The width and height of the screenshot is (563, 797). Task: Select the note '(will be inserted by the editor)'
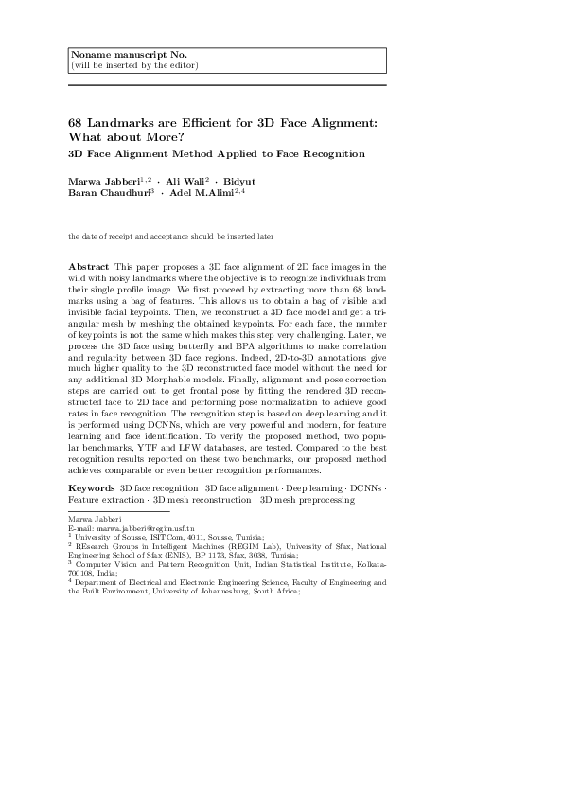coord(134,65)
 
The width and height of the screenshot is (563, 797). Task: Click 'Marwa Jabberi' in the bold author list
coord(103,180)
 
